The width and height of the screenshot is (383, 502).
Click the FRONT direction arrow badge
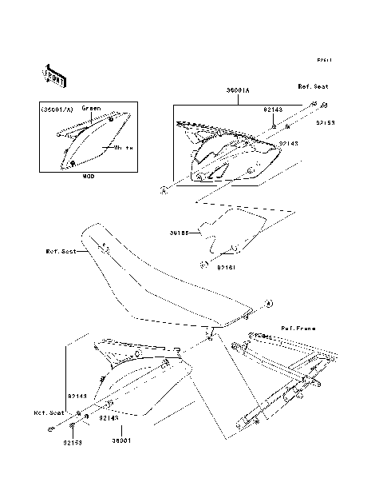tap(53, 74)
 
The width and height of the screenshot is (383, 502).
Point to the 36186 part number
tap(180, 233)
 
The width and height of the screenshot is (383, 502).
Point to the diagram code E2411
tap(324, 60)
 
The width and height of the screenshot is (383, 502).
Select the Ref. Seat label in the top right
tap(313, 86)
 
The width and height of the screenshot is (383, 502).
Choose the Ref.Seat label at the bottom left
tap(48, 413)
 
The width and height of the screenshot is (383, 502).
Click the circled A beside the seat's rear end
tap(269, 304)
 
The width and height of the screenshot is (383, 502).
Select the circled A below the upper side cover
tap(163, 190)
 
